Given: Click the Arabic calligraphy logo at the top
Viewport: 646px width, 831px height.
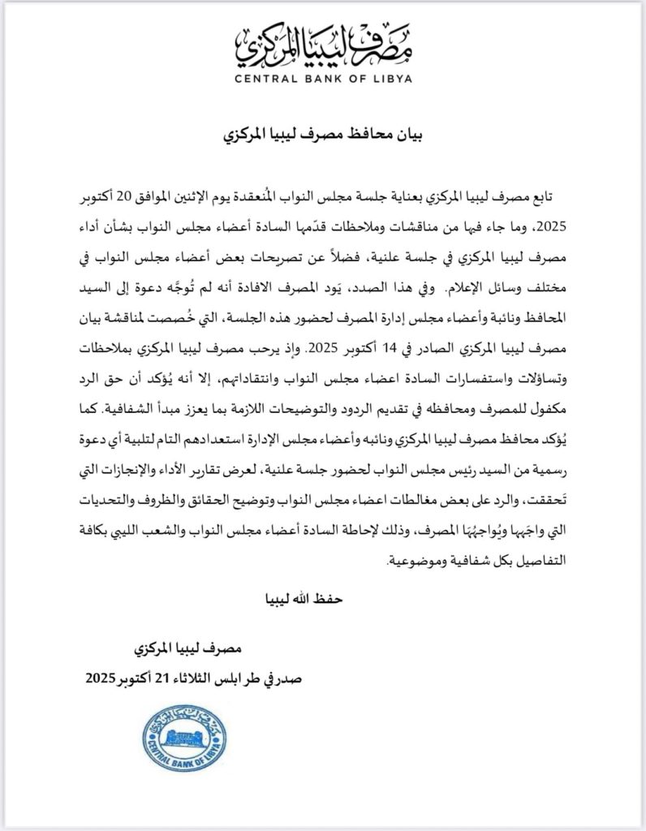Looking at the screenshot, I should point(322,44).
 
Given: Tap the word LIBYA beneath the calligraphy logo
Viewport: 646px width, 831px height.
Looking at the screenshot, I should point(387,80).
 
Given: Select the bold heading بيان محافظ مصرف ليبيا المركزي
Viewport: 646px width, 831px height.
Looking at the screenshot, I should point(322,135).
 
